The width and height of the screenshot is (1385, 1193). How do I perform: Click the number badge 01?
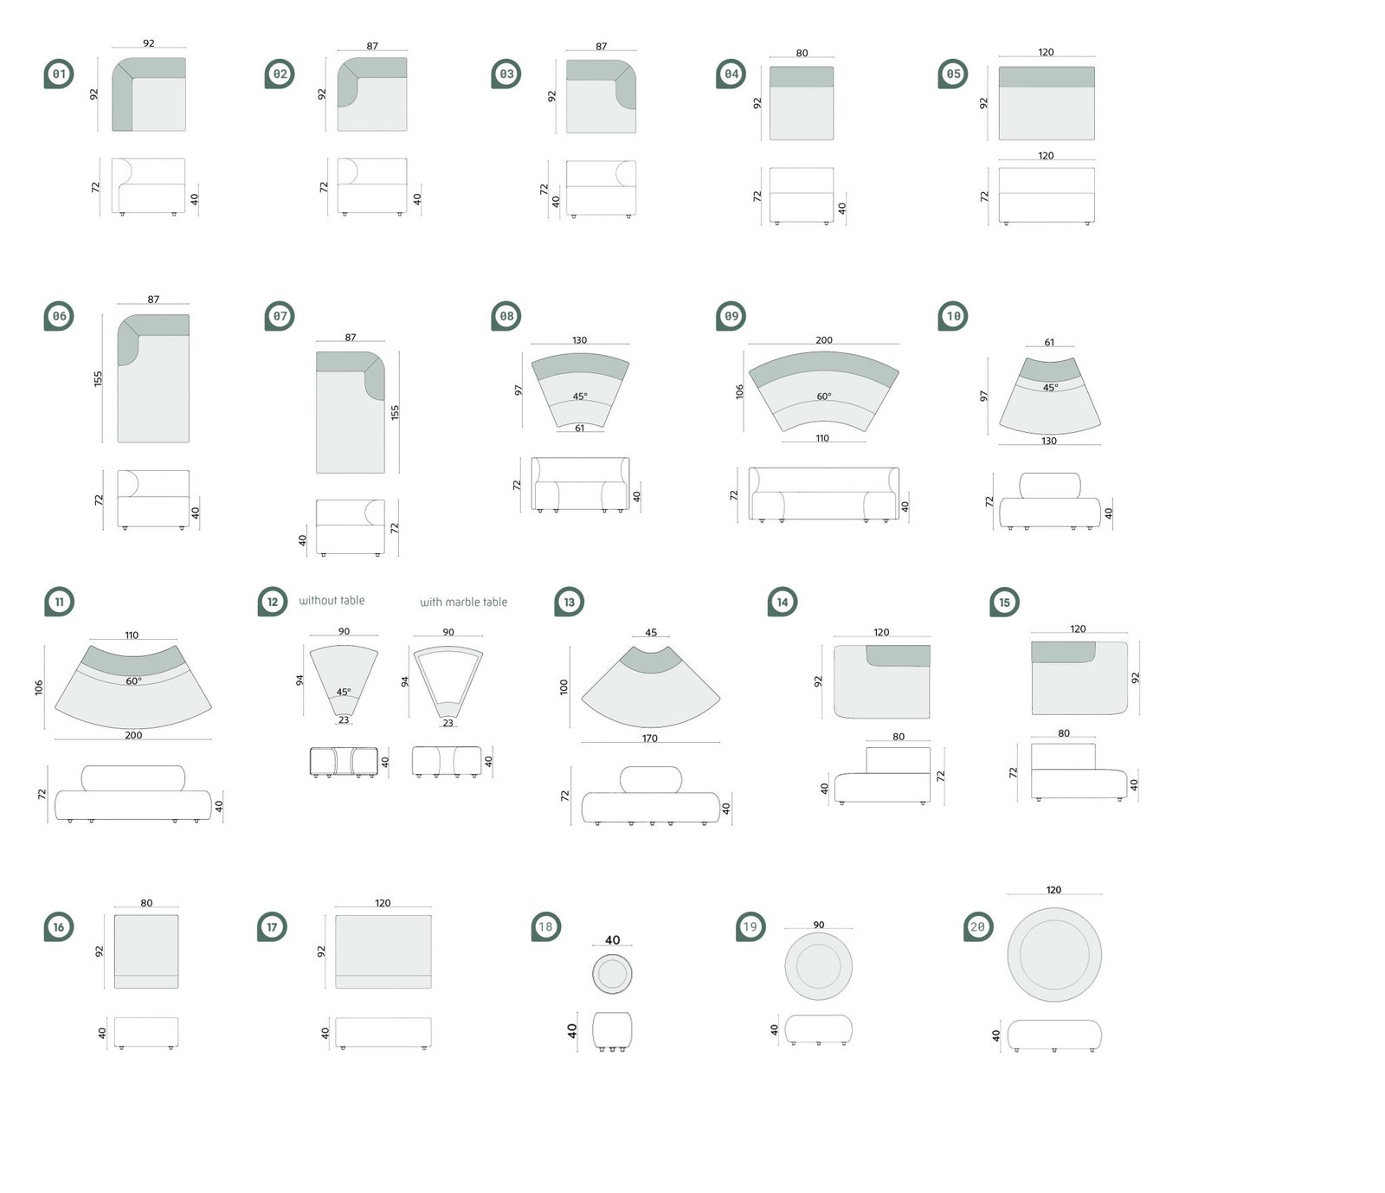click(x=59, y=74)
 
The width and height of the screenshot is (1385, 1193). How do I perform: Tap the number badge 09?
click(x=731, y=317)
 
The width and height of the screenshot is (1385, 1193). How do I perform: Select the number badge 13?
click(x=569, y=603)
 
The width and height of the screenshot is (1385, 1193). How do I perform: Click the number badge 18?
click(x=545, y=927)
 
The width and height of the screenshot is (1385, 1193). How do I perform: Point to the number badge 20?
click(x=977, y=927)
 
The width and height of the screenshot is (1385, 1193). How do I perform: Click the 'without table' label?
click(x=332, y=601)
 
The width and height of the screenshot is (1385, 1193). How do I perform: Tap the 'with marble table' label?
click(x=463, y=603)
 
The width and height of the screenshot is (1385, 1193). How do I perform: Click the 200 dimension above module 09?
click(x=823, y=340)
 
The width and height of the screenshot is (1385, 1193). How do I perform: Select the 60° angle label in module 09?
click(x=823, y=397)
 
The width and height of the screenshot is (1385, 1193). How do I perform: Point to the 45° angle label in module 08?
click(x=579, y=397)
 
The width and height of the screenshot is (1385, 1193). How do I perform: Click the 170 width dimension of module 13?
click(x=650, y=738)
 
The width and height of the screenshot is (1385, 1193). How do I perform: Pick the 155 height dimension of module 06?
click(x=99, y=378)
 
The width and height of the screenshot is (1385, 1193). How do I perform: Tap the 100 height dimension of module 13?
click(x=564, y=687)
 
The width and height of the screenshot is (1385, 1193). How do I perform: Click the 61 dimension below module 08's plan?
click(x=579, y=428)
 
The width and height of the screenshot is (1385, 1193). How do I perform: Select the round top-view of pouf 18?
click(x=612, y=974)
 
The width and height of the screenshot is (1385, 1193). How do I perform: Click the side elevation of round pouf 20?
click(x=1054, y=1035)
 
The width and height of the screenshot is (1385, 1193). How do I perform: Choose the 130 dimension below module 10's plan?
click(x=1049, y=441)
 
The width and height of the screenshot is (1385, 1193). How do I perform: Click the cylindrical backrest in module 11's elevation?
click(x=133, y=777)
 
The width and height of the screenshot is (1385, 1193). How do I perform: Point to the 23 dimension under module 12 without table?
click(x=344, y=720)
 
